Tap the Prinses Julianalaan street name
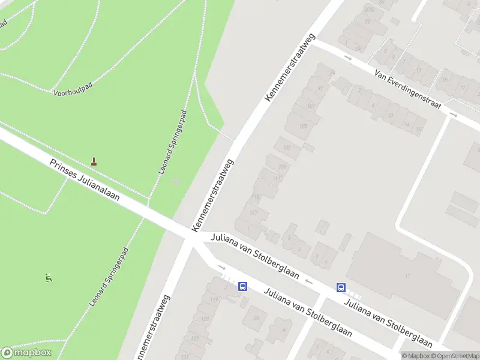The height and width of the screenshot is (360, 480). coord(85,181)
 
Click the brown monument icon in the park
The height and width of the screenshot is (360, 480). coord(94,161)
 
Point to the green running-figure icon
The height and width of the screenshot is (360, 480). coord(48,278)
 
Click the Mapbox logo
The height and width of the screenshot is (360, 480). coord(26,352)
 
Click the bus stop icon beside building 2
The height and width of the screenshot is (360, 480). coord(242,287)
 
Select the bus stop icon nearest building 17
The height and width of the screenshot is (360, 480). coord(341,287)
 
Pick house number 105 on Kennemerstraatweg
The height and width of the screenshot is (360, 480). coord(303,126)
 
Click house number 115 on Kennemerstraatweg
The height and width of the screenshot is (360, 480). coord(256,197)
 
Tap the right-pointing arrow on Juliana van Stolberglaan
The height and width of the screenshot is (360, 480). coord(221,268)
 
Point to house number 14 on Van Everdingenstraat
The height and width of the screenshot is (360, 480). coord(406,124)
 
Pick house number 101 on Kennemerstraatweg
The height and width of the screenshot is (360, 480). coord(311,106)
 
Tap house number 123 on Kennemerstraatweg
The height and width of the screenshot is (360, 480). coord(206,319)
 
